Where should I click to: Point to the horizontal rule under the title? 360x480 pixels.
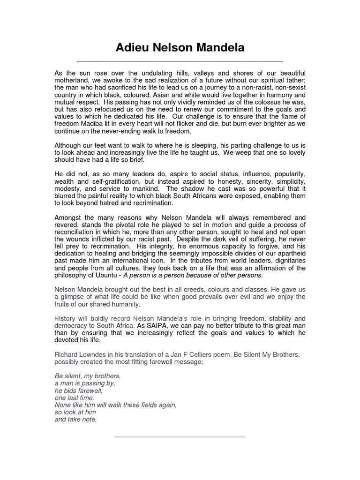pyautogui.click(x=180, y=61)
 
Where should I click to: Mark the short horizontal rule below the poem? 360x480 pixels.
pyautogui.click(x=180, y=437)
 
